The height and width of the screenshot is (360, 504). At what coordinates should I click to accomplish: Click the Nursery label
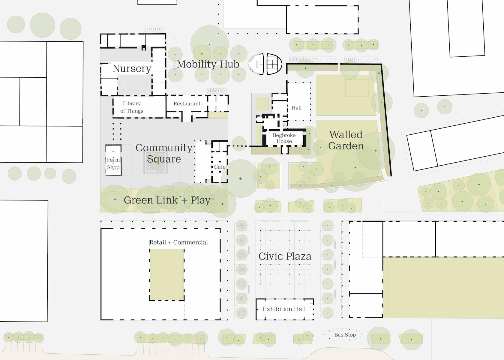132,68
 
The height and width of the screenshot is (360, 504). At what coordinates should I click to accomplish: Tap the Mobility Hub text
208,64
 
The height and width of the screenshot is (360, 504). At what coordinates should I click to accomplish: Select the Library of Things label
132,107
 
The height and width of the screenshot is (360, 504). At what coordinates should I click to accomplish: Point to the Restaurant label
187,103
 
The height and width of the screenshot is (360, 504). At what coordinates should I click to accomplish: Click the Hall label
296,108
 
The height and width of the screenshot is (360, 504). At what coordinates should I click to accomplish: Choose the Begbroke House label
284,138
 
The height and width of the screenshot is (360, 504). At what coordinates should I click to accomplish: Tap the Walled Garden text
346,140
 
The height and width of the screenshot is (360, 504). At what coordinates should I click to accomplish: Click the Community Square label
164,154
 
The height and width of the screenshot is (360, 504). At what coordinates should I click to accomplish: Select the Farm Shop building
113,160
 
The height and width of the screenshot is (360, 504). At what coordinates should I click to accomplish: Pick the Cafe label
220,167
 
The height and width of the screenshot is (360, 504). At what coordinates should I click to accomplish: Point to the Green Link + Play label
167,200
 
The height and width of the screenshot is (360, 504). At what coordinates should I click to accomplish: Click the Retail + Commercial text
179,242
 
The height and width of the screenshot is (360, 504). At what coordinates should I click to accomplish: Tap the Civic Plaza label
285,256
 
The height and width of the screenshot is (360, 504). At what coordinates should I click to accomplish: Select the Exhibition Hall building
285,309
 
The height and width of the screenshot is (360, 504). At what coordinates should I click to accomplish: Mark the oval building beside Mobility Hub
265,64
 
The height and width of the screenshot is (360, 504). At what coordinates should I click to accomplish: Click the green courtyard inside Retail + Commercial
167,275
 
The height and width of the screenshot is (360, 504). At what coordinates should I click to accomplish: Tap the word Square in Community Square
164,159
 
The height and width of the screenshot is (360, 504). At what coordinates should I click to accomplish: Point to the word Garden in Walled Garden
346,146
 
